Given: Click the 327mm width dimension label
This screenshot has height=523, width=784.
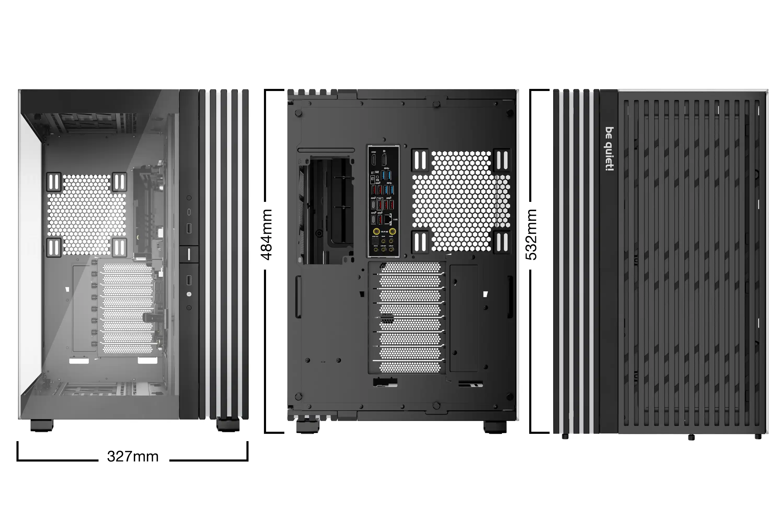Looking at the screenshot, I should [133, 456].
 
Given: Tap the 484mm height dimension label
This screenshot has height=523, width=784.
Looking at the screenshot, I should [267, 235].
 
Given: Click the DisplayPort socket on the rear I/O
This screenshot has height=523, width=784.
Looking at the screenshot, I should [384, 160].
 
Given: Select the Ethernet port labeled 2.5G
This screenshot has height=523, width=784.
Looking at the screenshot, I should [387, 219].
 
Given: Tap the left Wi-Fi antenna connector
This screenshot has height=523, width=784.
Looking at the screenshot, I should [376, 231].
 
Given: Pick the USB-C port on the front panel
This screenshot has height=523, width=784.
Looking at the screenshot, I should [189, 212].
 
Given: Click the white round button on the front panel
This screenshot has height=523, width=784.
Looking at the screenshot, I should [189, 294].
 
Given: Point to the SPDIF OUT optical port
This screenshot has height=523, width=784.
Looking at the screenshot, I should [375, 241].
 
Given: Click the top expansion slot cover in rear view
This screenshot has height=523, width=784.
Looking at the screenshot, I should [410, 267].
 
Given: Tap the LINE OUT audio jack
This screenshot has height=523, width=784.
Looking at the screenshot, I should [383, 249].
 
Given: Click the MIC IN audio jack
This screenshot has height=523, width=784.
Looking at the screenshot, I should [376, 249].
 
